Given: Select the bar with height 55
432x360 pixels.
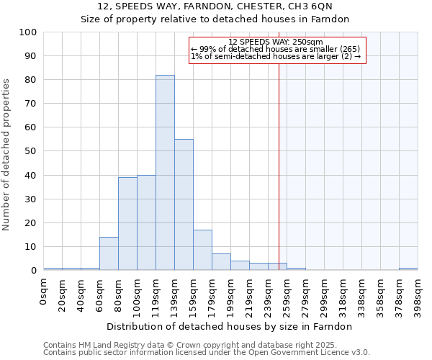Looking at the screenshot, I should [x=184, y=204].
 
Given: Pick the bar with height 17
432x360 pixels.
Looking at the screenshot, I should [x=202, y=250].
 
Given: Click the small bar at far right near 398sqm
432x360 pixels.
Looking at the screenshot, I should [x=408, y=269].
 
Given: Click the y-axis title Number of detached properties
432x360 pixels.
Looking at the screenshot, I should [x=7, y=155].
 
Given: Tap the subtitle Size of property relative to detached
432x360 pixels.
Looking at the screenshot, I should [x=215, y=19].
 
